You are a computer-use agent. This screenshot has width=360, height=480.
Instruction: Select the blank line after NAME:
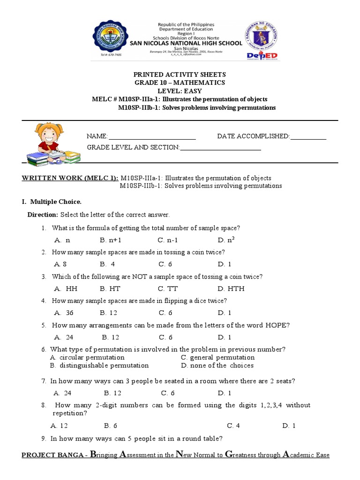point(152,137)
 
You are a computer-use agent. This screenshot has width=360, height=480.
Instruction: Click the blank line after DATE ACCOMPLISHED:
point(308,137)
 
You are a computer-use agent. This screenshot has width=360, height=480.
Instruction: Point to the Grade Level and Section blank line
point(220,148)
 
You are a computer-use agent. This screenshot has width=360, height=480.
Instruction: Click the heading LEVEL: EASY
point(180,91)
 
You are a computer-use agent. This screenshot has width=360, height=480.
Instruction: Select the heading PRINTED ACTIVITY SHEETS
point(180,75)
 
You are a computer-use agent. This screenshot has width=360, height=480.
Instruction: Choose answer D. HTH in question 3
point(231,289)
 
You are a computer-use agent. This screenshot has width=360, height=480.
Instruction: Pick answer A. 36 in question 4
point(64,313)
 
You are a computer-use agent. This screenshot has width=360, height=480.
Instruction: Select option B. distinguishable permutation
point(99,366)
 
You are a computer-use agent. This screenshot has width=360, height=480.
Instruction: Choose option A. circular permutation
point(87,358)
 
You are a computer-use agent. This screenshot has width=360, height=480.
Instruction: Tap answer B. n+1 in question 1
point(111,240)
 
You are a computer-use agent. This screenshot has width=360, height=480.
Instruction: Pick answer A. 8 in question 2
point(60,264)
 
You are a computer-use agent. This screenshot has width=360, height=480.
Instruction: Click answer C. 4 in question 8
point(233,426)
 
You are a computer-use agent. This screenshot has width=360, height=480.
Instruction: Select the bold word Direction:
point(43,215)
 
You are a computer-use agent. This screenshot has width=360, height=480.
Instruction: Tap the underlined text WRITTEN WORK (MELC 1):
point(70,178)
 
